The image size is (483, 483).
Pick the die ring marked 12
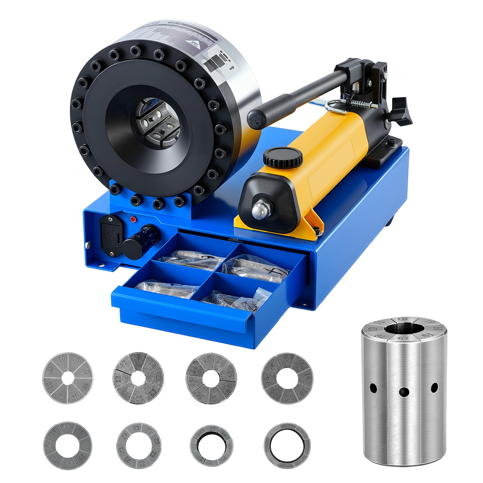click(x=138, y=378)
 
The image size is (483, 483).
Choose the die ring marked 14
click(x=211, y=378)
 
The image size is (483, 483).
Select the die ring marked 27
click(x=212, y=446)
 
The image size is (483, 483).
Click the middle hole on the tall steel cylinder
click(x=404, y=392)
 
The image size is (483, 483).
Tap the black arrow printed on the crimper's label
click(x=232, y=68)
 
